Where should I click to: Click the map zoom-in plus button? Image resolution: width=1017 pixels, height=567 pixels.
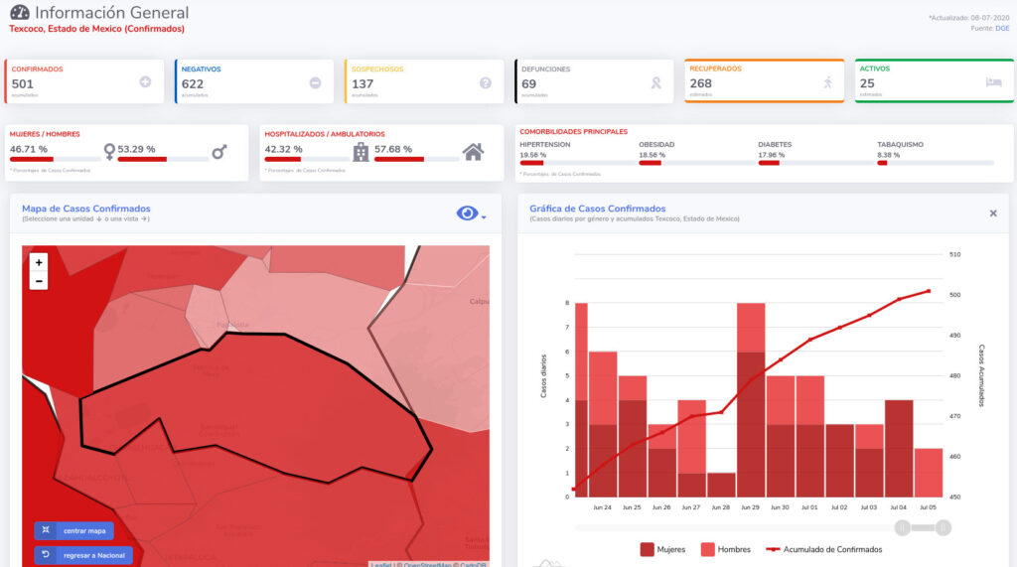39,262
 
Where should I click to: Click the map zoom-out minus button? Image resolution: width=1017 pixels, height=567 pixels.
39,281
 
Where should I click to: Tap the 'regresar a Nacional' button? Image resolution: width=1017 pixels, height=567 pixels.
83,554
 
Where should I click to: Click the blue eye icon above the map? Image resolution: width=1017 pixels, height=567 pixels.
467,213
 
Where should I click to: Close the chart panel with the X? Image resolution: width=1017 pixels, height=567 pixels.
993,213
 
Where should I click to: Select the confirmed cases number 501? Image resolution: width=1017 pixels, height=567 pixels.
23,84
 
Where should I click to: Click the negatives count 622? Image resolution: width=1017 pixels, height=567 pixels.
193,84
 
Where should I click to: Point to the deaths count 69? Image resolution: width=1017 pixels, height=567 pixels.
529,84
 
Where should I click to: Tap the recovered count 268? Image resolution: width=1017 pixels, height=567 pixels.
701,83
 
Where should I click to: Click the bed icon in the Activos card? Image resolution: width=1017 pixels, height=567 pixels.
993,82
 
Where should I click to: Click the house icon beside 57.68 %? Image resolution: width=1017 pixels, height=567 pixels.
474,152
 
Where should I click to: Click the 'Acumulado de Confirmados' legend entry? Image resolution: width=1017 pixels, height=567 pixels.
821,549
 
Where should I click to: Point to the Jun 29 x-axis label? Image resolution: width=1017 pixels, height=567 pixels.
751,507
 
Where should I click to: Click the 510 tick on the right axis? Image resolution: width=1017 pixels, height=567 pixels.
954,254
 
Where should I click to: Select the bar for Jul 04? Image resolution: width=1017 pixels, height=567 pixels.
899,448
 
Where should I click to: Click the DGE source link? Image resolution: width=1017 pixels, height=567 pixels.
1002,28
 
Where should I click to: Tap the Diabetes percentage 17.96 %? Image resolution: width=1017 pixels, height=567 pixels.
772,155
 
